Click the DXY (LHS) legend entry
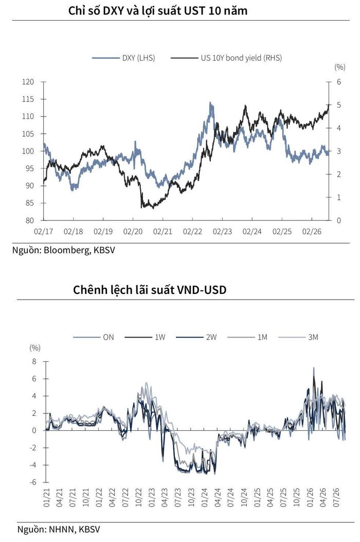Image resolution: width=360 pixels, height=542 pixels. (123, 58)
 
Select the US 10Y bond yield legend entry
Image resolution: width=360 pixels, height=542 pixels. (226, 58)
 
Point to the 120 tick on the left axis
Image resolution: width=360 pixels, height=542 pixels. (28, 82)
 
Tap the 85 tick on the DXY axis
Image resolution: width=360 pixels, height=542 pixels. (29, 203)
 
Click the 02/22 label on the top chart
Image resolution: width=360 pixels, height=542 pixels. (192, 232)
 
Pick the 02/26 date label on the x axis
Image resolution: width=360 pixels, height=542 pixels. (312, 232)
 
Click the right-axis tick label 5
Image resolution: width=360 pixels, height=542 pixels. (339, 104)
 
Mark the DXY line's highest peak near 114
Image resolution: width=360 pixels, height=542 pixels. (210, 102)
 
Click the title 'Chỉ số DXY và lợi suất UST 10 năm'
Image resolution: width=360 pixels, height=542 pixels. (158, 11)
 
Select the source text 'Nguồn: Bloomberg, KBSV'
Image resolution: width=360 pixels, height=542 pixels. (64, 250)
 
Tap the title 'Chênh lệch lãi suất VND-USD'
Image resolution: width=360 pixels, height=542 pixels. (150, 290)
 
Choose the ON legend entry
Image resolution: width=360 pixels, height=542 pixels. (93, 337)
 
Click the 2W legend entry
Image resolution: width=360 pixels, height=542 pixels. (196, 337)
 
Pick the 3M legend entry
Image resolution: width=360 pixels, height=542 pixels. (298, 337)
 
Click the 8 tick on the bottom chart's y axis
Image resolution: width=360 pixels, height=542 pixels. (34, 361)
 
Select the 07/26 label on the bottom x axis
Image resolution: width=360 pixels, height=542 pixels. (336, 498)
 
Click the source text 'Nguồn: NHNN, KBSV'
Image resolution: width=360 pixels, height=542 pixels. (59, 529)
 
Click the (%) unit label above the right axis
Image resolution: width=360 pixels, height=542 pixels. (340, 67)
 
